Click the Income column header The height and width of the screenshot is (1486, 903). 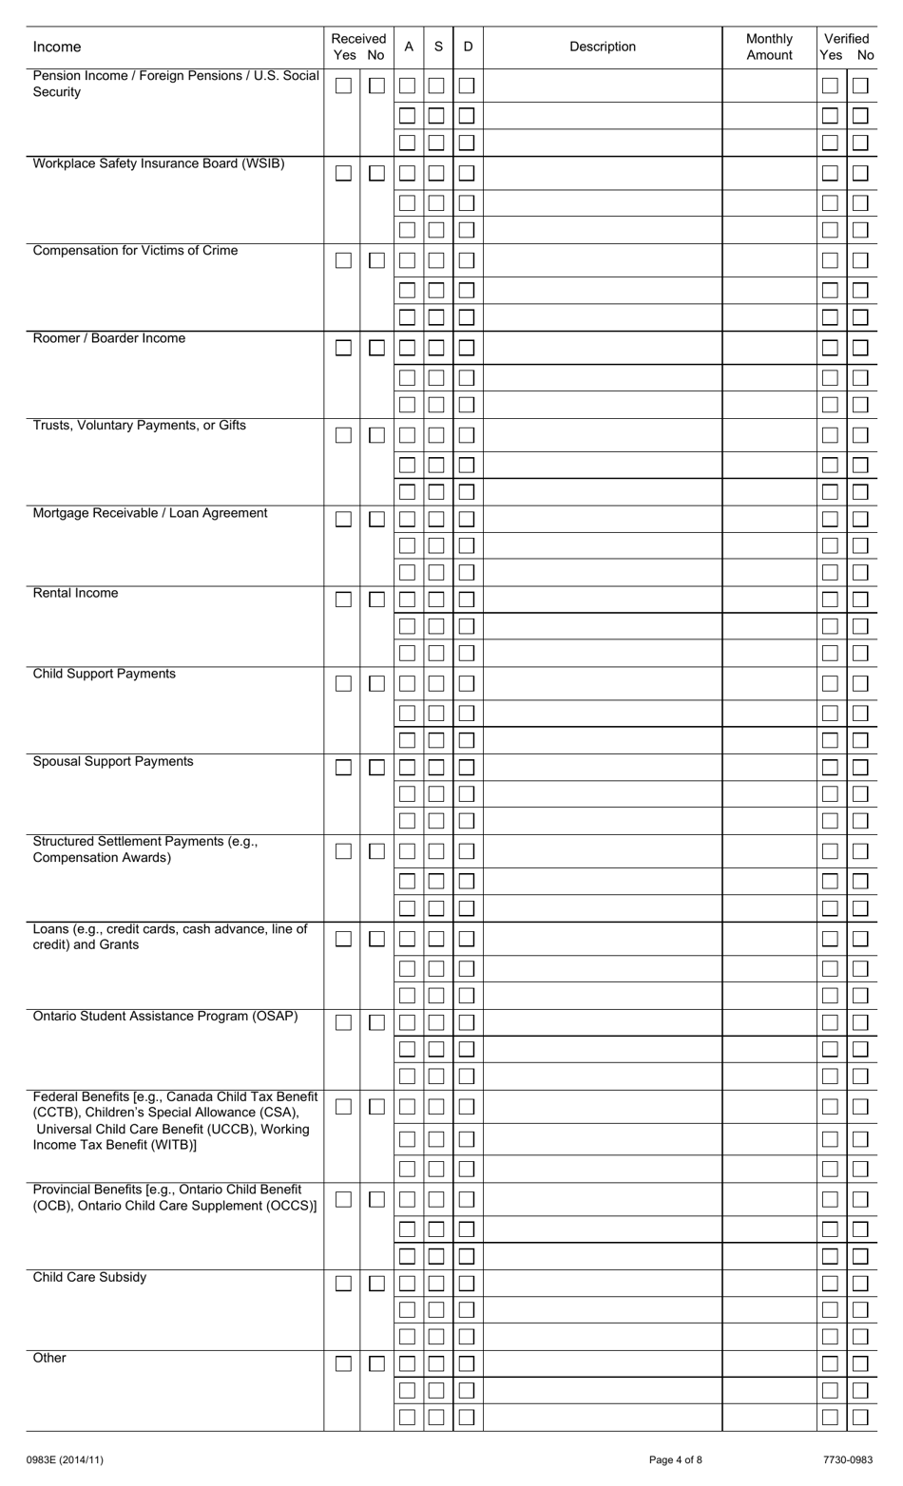click(x=57, y=47)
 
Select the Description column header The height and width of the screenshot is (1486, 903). click(x=603, y=47)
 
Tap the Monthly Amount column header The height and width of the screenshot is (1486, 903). click(x=769, y=47)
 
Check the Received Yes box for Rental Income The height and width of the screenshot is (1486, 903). click(x=343, y=600)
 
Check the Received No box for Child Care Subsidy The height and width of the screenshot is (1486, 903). click(x=376, y=1284)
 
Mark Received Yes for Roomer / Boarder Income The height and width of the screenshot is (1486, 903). click(x=343, y=348)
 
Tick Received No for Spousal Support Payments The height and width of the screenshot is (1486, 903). click(x=376, y=768)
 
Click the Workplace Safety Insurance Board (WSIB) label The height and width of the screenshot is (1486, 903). click(x=159, y=163)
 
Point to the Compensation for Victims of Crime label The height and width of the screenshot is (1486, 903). click(x=135, y=251)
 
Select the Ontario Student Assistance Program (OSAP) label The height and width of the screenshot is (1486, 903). click(x=165, y=1017)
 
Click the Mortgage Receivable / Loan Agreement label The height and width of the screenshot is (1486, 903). click(x=150, y=513)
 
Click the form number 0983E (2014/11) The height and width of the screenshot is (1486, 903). click(x=66, y=1459)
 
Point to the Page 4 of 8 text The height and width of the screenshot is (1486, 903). click(x=676, y=1459)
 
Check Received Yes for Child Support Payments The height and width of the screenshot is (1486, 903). click(x=343, y=683)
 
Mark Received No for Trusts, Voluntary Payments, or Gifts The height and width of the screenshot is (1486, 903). click(x=376, y=435)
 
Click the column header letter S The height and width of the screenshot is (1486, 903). click(x=438, y=47)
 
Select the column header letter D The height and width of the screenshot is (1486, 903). click(x=468, y=47)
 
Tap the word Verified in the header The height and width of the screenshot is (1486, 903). click(x=846, y=39)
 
